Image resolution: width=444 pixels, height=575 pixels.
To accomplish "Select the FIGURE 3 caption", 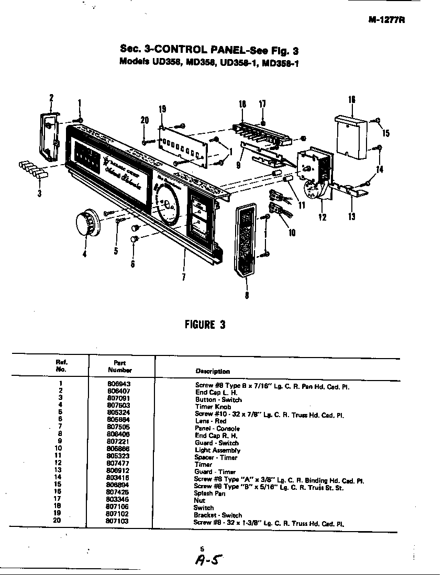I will (205, 325).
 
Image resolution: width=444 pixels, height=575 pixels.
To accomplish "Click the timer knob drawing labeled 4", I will (85, 224).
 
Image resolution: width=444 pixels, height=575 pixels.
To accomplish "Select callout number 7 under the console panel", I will (183, 277).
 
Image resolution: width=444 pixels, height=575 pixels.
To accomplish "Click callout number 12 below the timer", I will (323, 217).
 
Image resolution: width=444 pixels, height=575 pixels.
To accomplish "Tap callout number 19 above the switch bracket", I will (162, 109).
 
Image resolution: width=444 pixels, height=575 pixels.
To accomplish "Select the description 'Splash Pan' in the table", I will (209, 493).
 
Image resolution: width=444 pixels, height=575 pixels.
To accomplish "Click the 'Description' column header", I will (213, 371).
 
